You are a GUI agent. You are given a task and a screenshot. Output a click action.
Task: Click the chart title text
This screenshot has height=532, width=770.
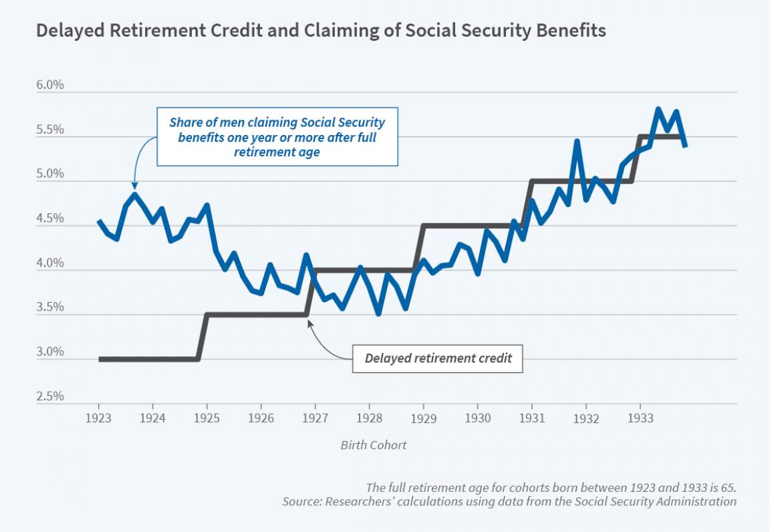pyautogui.click(x=321, y=31)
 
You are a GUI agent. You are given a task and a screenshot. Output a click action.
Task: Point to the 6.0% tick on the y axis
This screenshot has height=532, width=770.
pyautogui.click(x=49, y=86)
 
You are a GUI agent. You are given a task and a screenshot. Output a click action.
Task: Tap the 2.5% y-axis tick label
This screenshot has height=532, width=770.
pyautogui.click(x=49, y=397)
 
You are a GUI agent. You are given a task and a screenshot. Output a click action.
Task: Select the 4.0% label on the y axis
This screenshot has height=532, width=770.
pyautogui.click(x=49, y=263)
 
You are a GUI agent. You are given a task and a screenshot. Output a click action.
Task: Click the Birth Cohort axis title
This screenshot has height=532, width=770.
pyautogui.click(x=373, y=445)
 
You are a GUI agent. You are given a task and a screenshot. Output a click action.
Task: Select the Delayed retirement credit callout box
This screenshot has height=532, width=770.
pyautogui.click(x=438, y=358)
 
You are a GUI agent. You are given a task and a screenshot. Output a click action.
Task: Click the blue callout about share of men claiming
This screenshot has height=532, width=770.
pyautogui.click(x=277, y=137)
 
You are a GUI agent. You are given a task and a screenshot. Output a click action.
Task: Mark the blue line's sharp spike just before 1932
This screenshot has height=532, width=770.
pyautogui.click(x=577, y=142)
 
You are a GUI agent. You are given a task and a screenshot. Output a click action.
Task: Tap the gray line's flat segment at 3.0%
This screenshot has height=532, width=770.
pyautogui.click(x=147, y=359)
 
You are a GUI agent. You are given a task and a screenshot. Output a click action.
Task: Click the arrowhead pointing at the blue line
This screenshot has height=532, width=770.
pyautogui.click(x=135, y=186)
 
